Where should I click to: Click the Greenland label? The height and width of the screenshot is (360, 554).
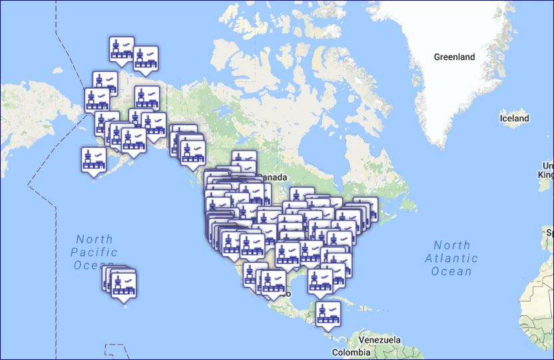454,57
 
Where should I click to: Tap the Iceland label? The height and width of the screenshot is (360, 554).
514,118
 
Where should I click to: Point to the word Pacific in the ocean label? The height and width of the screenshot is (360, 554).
94,252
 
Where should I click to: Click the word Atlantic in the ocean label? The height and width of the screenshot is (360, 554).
451,258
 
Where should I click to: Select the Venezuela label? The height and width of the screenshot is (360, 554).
379,340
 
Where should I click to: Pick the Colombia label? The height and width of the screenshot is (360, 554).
351,352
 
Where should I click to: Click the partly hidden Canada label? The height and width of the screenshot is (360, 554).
273,178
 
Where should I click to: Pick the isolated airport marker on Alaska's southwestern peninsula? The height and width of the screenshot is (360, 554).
94,160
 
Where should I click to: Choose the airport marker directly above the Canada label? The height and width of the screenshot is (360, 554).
244,162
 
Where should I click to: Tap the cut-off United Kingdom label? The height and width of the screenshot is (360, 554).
547,170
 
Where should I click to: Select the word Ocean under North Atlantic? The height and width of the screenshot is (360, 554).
451,271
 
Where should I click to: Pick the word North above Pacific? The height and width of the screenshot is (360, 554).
94,240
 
